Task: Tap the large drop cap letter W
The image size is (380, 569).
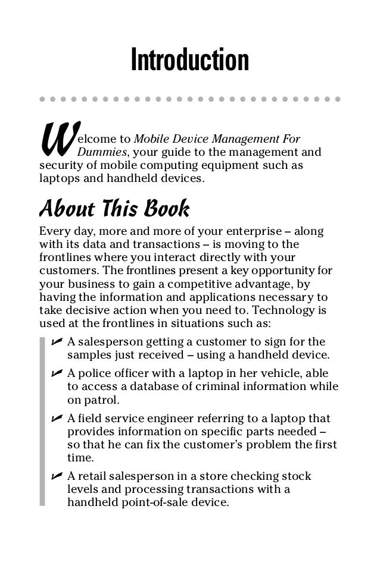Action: click(55, 140)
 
